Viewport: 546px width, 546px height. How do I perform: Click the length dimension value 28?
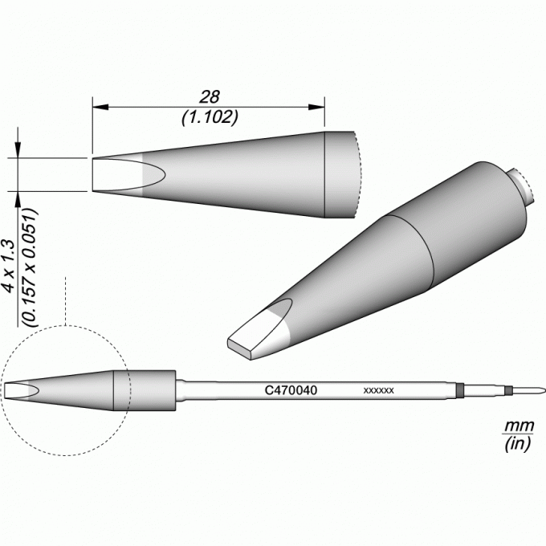pos(210,97)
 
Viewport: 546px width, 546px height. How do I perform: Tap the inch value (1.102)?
pos(210,118)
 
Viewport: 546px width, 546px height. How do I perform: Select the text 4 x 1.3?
pos(8,266)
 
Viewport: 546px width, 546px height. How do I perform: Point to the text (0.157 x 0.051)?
pos(29,267)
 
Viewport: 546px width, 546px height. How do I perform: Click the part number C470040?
pos(291,390)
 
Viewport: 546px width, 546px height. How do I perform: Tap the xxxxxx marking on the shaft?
pos(378,390)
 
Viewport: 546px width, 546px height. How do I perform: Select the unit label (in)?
pos(518,443)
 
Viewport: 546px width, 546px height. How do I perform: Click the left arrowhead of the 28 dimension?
pos(100,107)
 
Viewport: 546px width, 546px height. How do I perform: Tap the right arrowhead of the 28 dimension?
pos(316,107)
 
